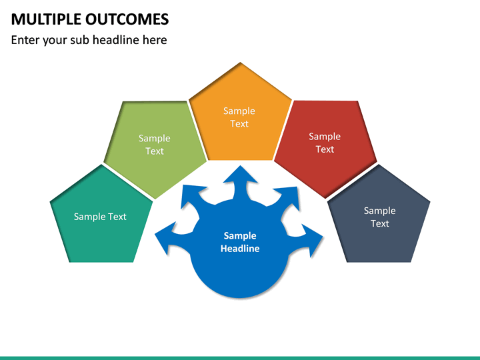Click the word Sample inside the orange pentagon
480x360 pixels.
point(239,111)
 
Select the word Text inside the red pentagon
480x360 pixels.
point(325,149)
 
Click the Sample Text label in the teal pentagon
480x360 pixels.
point(100,217)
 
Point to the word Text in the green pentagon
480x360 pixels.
point(155,151)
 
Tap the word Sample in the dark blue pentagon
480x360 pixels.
point(379,211)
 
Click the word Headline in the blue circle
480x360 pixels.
point(240,249)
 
